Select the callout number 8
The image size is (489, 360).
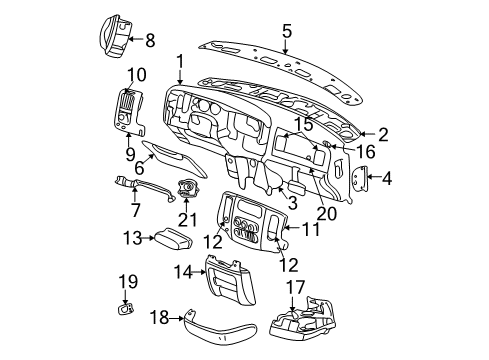[150, 41]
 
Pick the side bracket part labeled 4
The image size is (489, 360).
[360, 179]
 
